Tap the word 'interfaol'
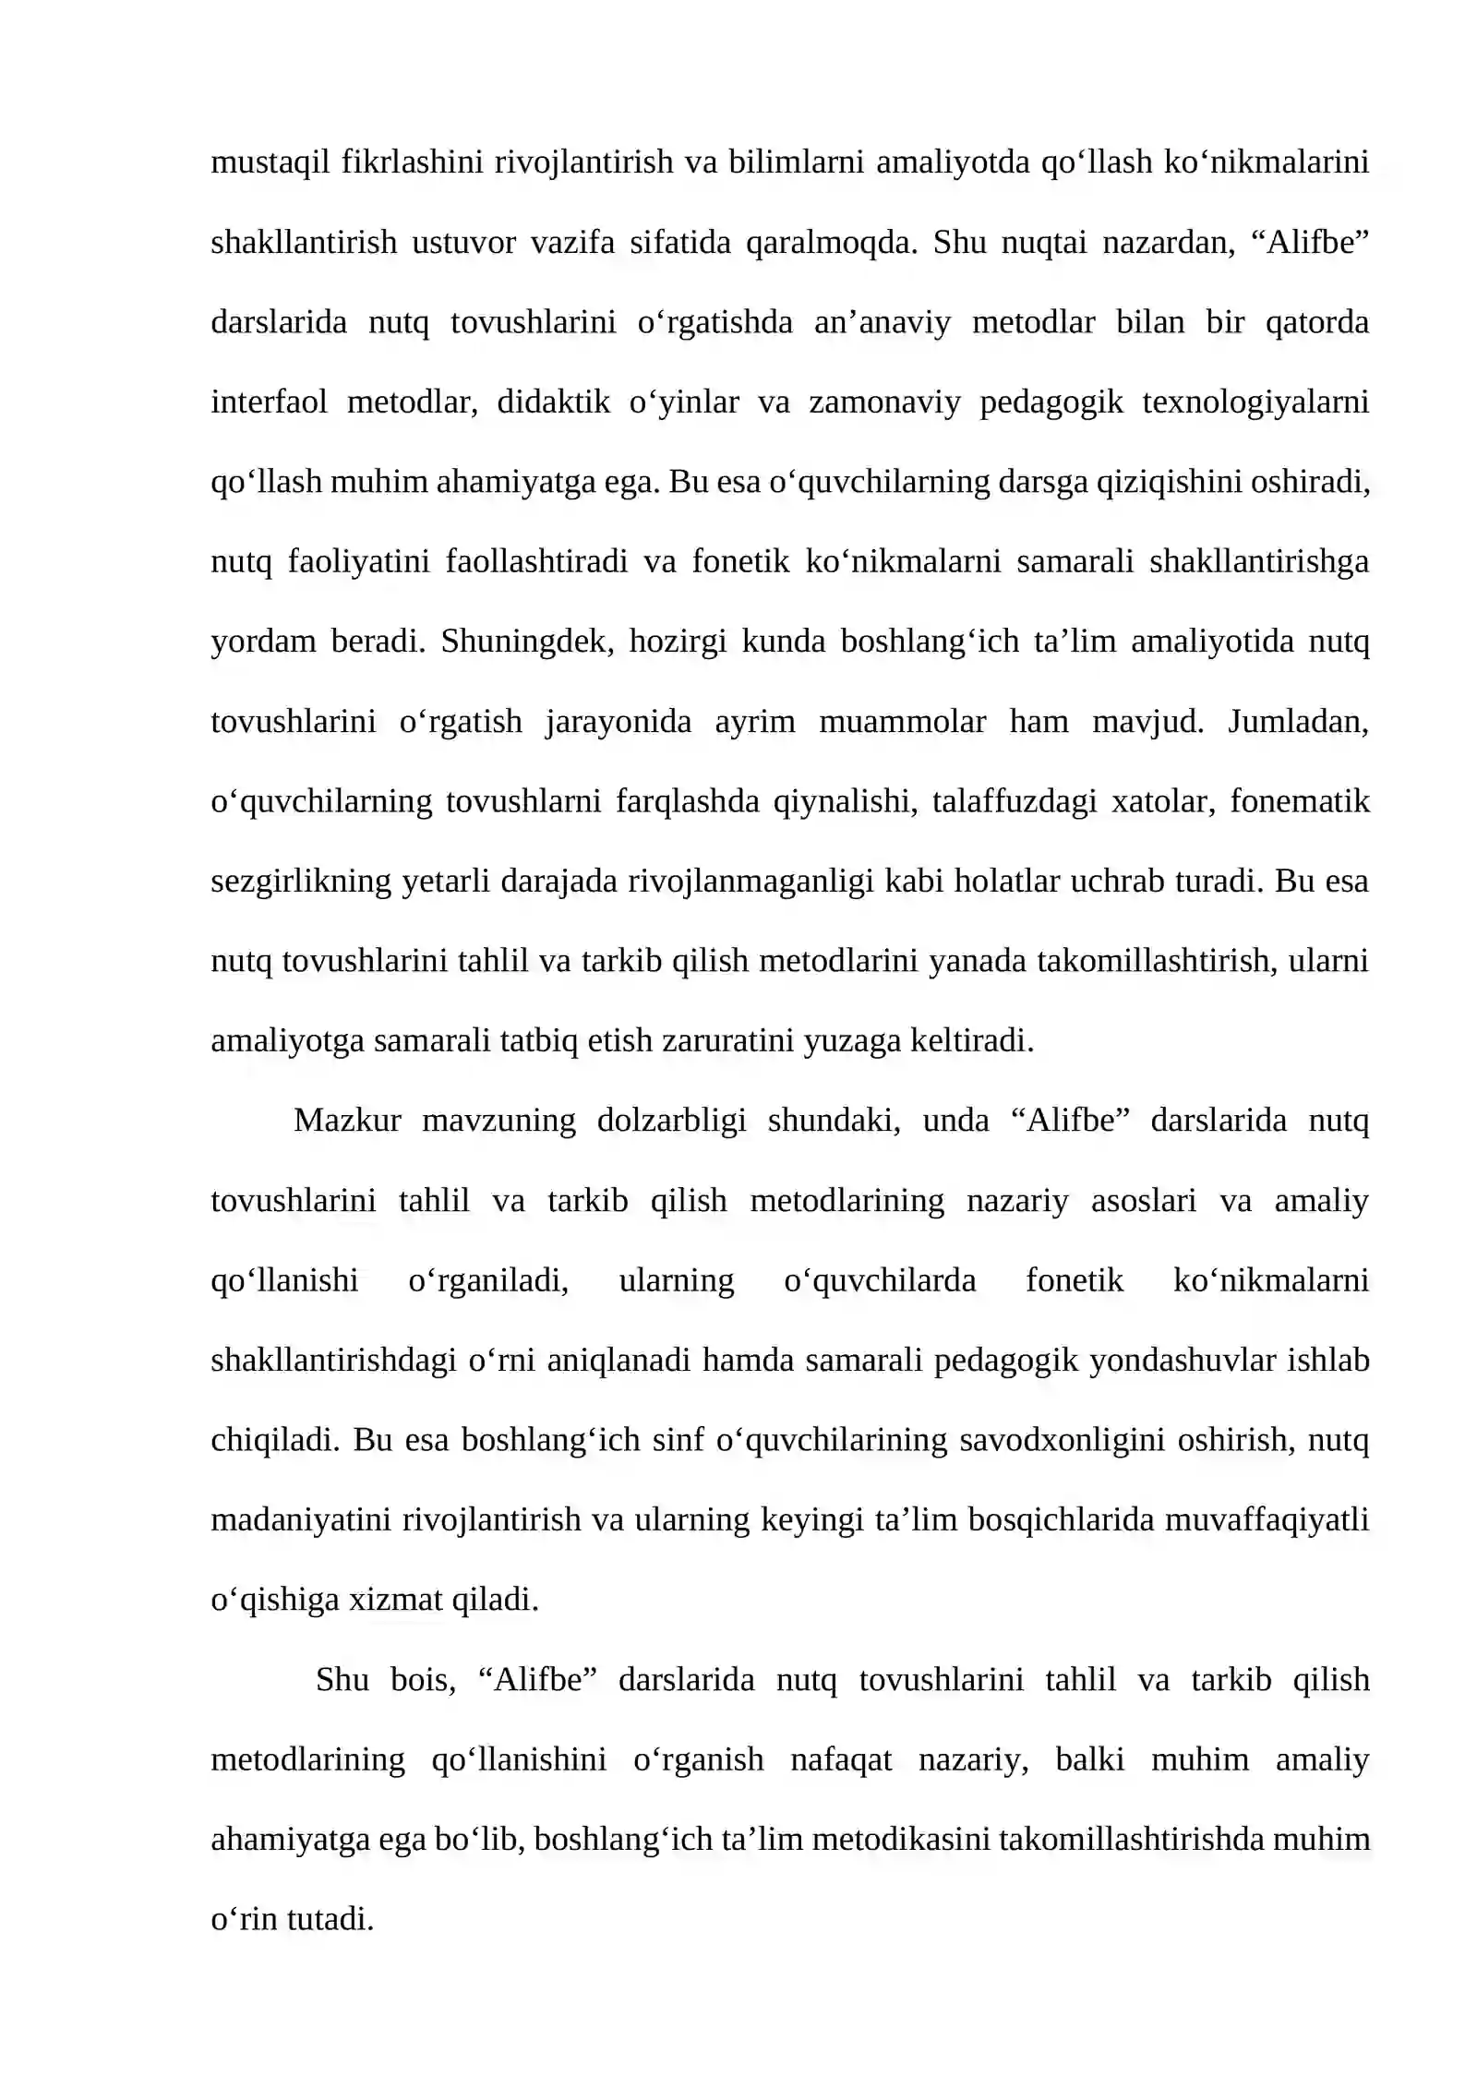pos(269,402)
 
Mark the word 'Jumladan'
pos(1296,721)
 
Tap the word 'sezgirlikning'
pos(301,882)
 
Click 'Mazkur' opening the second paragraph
pos(347,1121)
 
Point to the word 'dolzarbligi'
pos(671,1121)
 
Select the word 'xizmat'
pos(395,1600)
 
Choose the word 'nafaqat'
pos(841,1759)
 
